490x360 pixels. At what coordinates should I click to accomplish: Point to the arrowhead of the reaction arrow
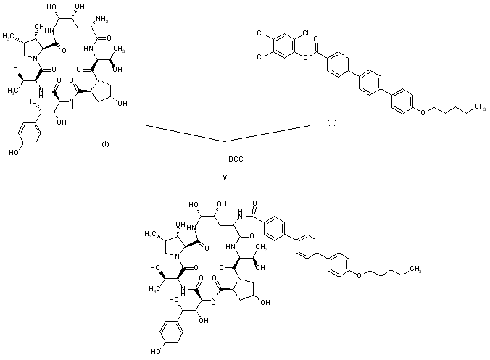coord(226,178)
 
